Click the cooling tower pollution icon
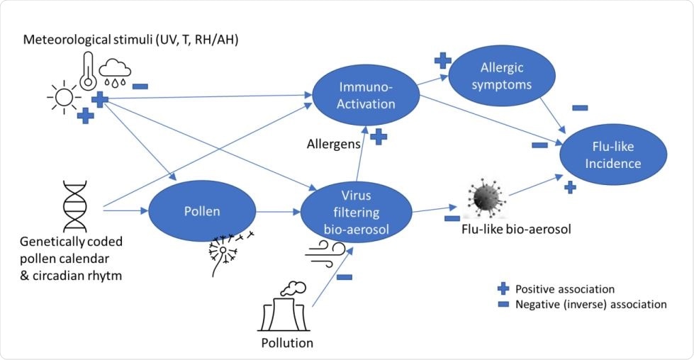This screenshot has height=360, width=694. (284, 310)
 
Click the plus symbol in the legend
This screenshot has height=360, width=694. (503, 289)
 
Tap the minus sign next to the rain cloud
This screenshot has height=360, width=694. (140, 86)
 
